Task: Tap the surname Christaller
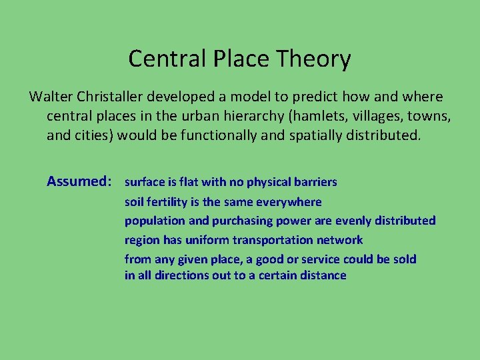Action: click(x=113, y=97)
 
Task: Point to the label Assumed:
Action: click(x=79, y=181)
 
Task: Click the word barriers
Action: click(x=315, y=182)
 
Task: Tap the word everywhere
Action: click(x=291, y=201)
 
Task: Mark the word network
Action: click(x=341, y=239)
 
